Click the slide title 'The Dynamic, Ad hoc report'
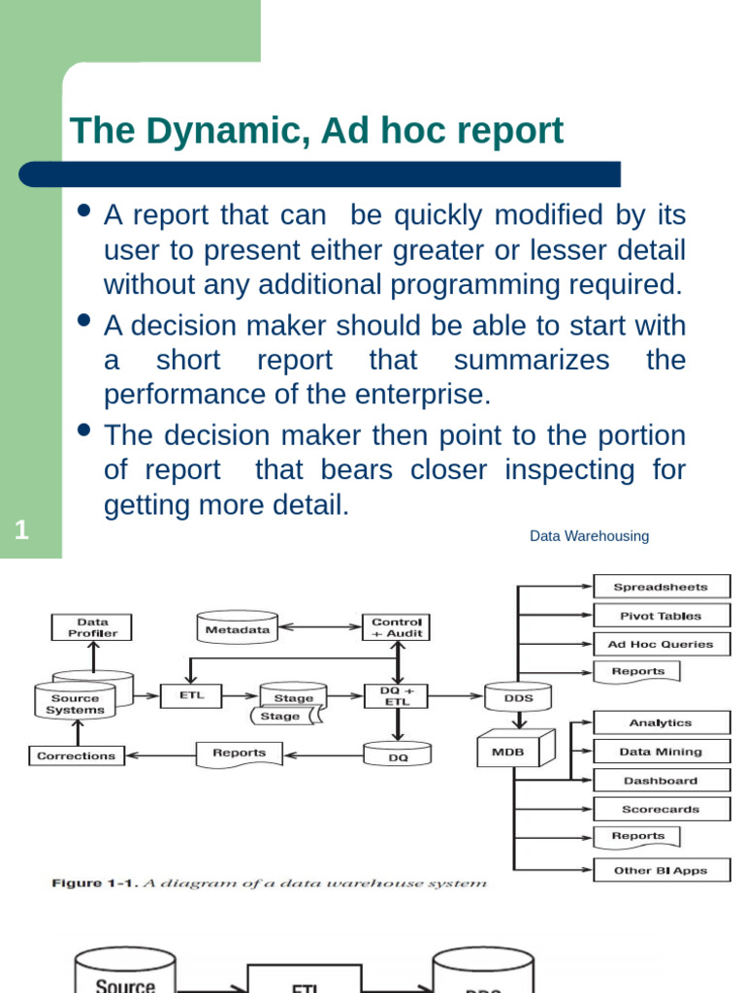[316, 130]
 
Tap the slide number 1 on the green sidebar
[21, 530]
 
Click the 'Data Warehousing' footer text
[589, 536]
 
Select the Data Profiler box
[92, 627]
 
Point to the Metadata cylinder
[237, 628]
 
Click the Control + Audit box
[396, 627]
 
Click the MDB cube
[513, 751]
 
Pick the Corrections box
[76, 755]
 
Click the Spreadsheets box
[661, 587]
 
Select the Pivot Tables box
[661, 616]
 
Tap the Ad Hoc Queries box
[661, 644]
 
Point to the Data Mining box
[661, 752]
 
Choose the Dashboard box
[661, 781]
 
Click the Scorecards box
[661, 809]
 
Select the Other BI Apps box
[661, 871]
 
